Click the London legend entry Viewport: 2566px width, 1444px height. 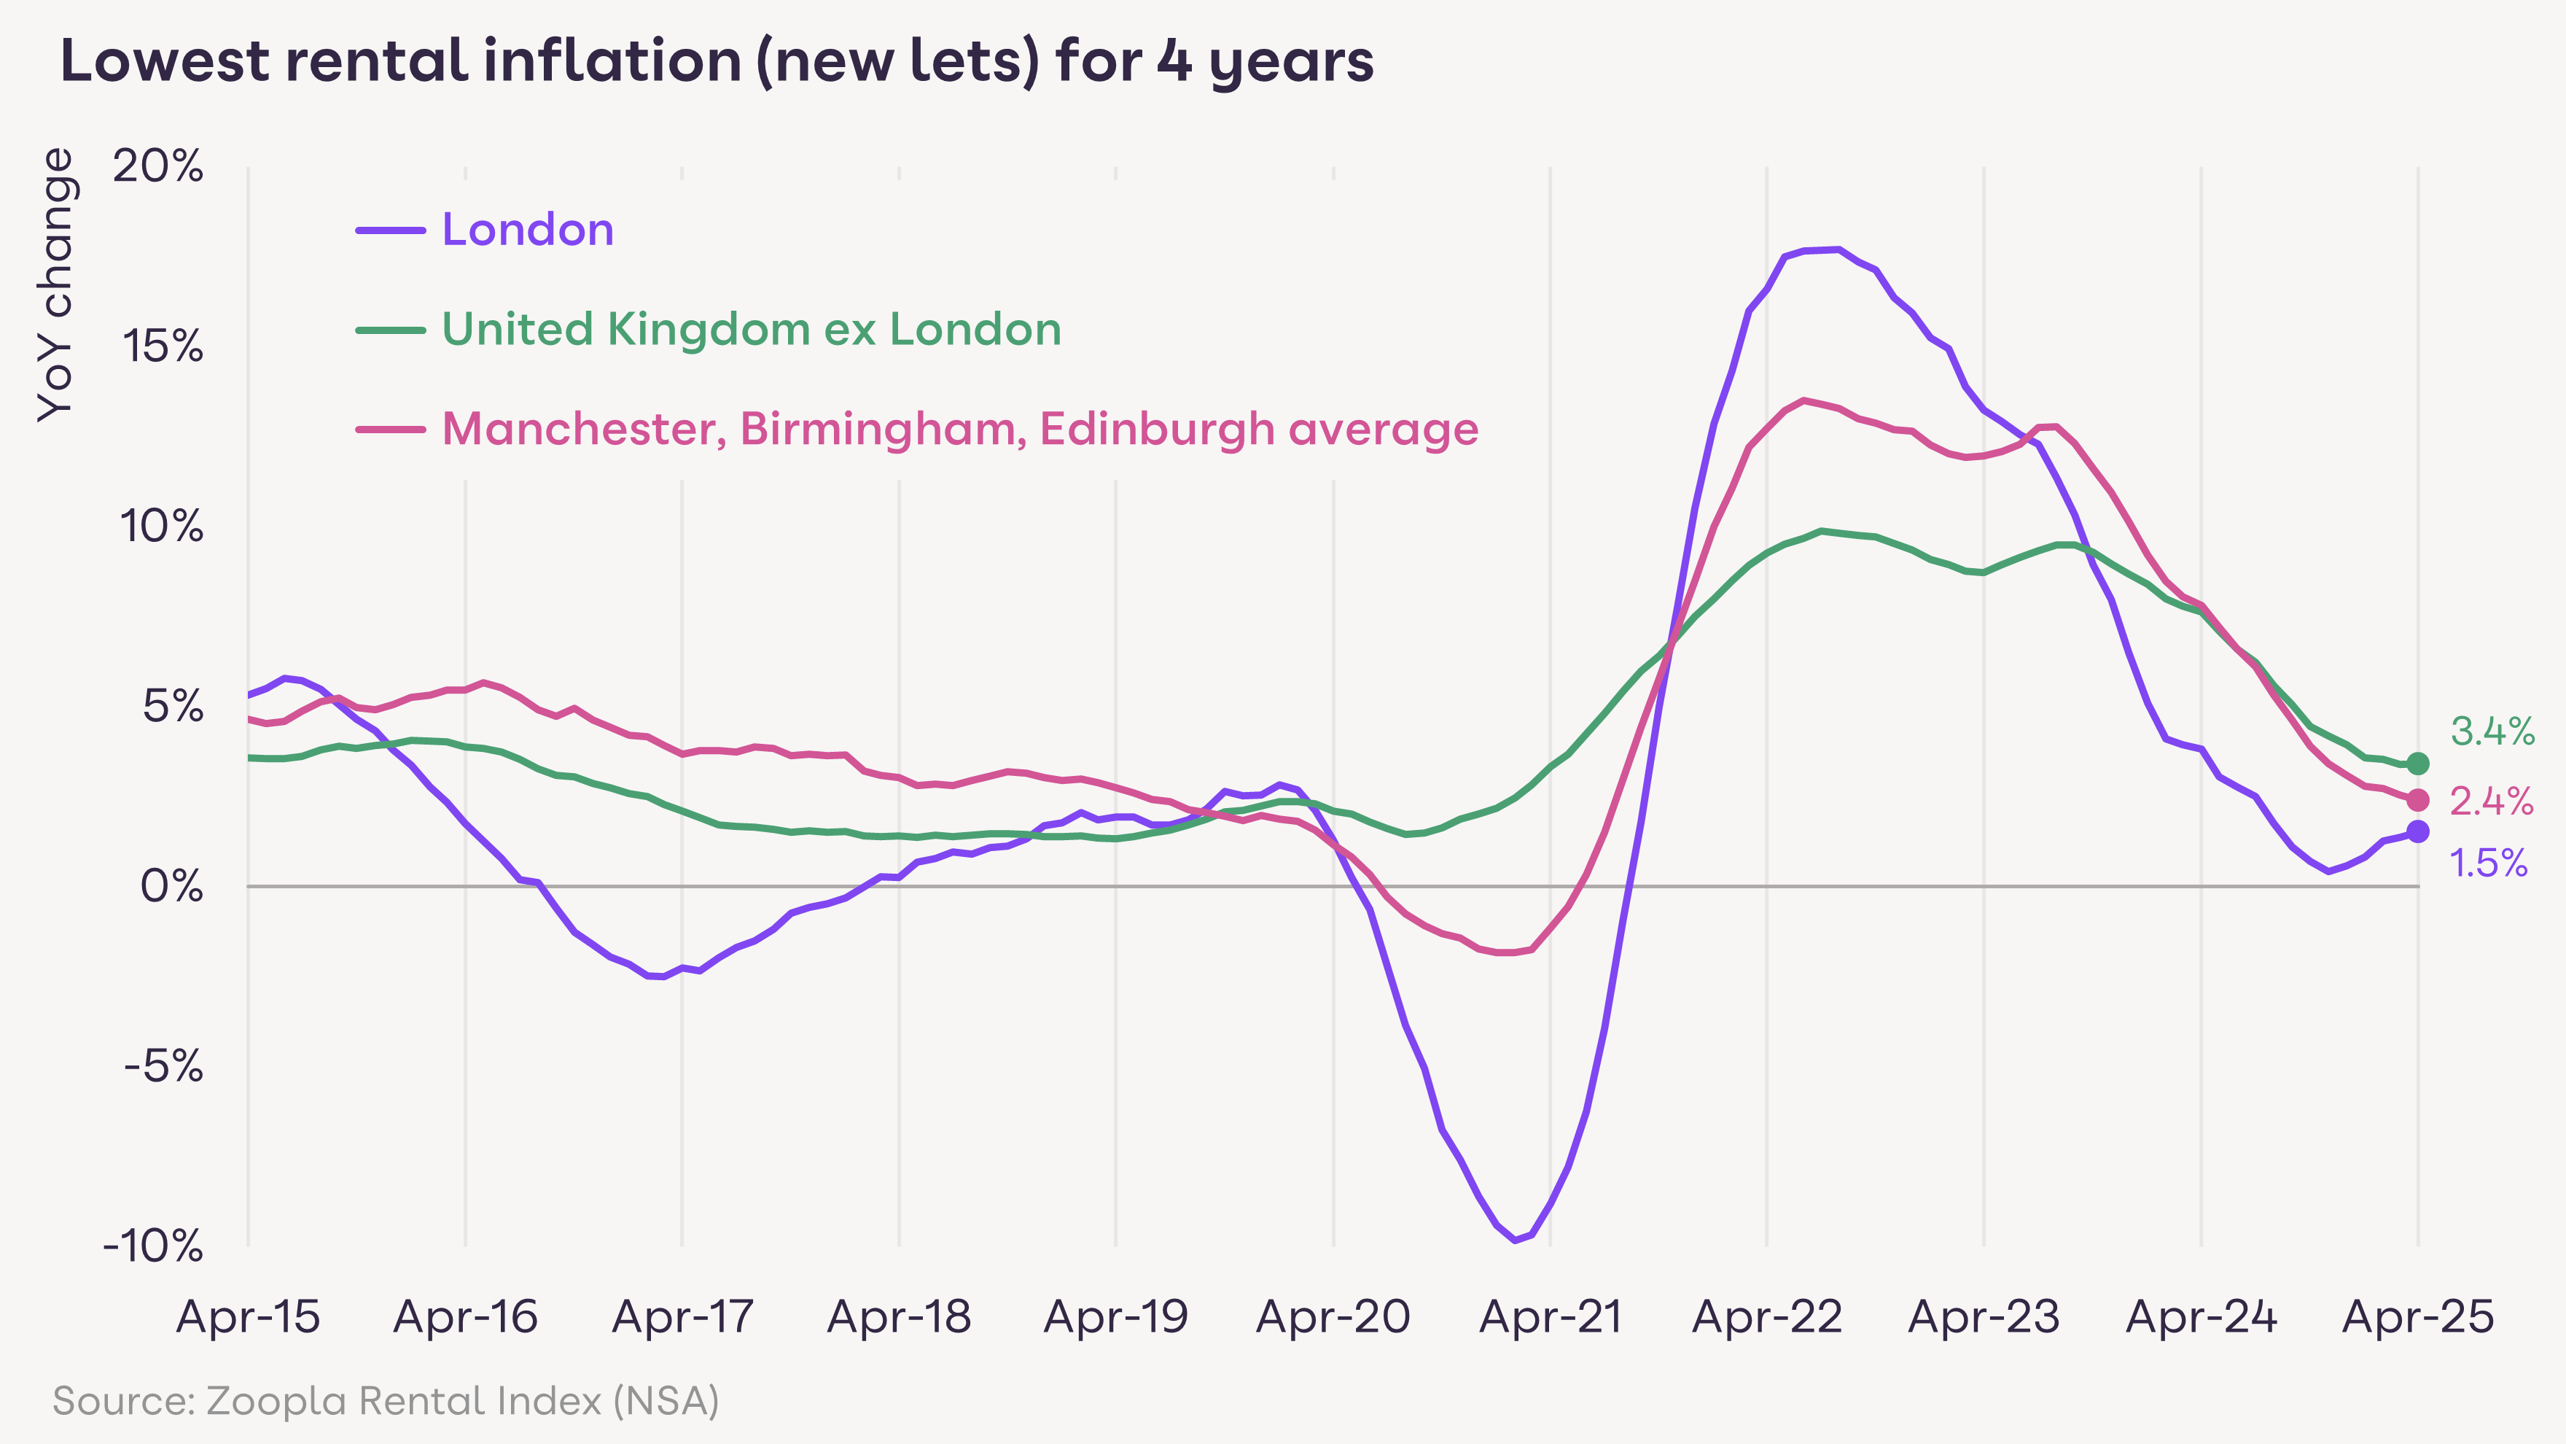pos(527,230)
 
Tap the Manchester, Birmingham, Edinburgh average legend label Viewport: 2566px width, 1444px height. pos(959,430)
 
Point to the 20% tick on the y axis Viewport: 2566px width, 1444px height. pos(158,166)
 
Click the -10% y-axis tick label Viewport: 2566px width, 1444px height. pos(153,1246)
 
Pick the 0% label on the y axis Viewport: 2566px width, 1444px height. pos(171,886)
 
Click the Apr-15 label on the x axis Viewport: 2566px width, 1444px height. pos(248,1317)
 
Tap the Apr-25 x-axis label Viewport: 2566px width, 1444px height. pos(2417,1317)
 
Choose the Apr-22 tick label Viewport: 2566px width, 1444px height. pos(1767,1317)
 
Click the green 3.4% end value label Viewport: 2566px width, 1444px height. pos(2492,731)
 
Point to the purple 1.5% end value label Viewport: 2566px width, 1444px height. pos(2488,863)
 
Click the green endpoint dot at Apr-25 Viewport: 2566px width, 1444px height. pos(2417,764)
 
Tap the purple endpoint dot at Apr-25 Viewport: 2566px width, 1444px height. pos(2417,831)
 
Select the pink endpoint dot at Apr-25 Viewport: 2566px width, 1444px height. pos(2417,799)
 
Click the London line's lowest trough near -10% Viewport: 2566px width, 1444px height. pos(1515,1240)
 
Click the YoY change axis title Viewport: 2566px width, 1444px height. pos(56,285)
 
